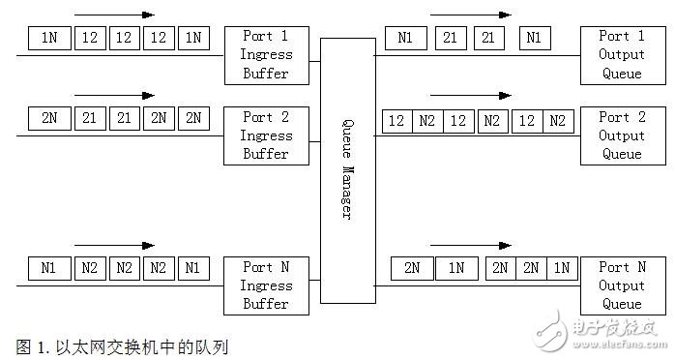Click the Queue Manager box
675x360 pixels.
(347, 170)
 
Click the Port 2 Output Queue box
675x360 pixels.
(621, 135)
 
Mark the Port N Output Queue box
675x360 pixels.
(621, 285)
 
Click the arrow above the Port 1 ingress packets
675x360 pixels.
(114, 15)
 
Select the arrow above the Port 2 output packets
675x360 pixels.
(471, 96)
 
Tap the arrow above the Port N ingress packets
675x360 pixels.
(114, 246)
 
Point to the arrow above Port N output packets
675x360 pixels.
(471, 246)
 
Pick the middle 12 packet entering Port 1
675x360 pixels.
(123, 38)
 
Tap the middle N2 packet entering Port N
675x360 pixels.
(123, 268)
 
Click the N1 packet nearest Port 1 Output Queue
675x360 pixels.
(532, 38)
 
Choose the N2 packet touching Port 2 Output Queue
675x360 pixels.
(558, 121)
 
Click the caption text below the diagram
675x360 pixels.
(122, 345)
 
